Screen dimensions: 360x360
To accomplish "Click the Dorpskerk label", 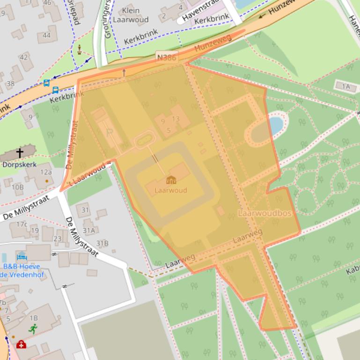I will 19,165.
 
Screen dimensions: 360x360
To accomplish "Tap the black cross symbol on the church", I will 20,152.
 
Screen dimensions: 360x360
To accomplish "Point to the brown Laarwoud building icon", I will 171,180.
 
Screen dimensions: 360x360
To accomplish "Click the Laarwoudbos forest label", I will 264,213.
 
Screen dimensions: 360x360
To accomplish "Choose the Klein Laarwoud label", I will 131,15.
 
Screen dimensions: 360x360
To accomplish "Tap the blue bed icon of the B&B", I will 22,257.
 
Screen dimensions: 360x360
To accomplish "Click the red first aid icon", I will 21,345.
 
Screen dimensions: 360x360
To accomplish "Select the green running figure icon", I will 32,329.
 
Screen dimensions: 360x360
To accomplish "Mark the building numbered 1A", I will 346,86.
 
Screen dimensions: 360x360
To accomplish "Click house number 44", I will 46,35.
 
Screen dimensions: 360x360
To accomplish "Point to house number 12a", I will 46,172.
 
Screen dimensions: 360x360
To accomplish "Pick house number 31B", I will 102,243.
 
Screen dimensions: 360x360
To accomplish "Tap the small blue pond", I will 275,125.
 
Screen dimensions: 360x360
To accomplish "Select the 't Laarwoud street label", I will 88,174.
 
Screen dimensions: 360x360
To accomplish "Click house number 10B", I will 18,187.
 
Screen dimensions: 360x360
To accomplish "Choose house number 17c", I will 22,224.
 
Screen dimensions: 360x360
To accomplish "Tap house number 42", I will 23,57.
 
